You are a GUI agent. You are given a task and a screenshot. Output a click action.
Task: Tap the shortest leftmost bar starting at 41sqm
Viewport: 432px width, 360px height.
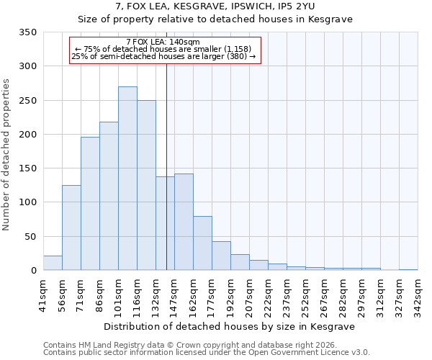53,263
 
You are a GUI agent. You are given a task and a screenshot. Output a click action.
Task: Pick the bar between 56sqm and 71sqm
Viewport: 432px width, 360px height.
71,228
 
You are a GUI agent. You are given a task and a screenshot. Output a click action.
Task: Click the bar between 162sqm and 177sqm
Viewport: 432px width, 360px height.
202,243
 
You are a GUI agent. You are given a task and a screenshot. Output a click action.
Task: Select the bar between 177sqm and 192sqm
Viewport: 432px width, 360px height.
221,256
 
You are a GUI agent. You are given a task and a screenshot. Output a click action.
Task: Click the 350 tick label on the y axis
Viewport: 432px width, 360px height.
27,32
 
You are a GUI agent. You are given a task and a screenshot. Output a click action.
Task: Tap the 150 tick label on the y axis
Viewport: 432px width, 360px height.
27,168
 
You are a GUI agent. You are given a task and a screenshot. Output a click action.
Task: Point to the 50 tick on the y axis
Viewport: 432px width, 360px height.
30,236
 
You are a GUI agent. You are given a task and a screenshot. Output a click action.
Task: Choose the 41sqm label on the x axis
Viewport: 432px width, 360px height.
43,293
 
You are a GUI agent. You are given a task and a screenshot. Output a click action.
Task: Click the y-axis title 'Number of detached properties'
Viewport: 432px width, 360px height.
6,155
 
